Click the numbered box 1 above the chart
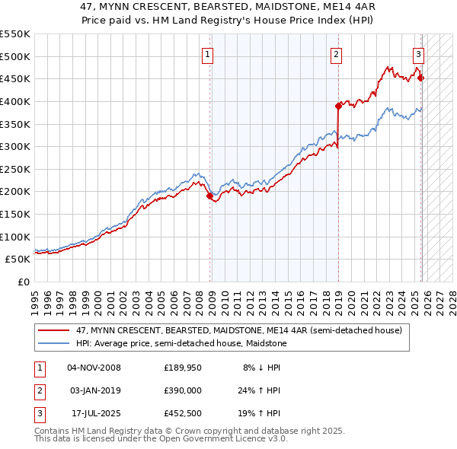coord(208,54)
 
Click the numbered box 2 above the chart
coord(336,54)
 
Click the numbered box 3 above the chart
coord(418,54)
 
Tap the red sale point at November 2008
coord(209,196)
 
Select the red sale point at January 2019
coord(337,106)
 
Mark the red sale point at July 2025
coord(421,78)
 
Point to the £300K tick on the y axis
coord(15,146)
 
